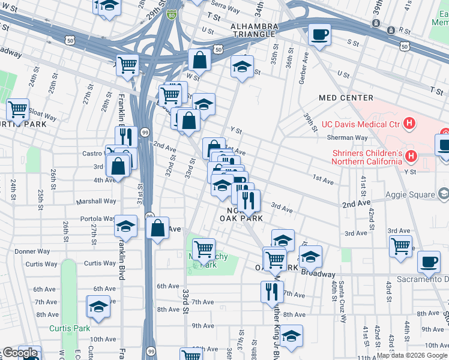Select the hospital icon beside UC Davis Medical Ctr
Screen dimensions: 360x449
click(409, 124)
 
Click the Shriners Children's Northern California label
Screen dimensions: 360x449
click(367, 157)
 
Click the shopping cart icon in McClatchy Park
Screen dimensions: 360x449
click(204, 247)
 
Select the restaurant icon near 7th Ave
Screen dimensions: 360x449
click(272, 291)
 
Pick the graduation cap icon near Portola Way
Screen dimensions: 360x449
click(125, 226)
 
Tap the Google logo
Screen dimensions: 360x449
click(20, 353)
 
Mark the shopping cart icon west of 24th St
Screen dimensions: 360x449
click(18, 110)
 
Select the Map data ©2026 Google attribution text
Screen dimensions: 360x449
click(411, 355)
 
